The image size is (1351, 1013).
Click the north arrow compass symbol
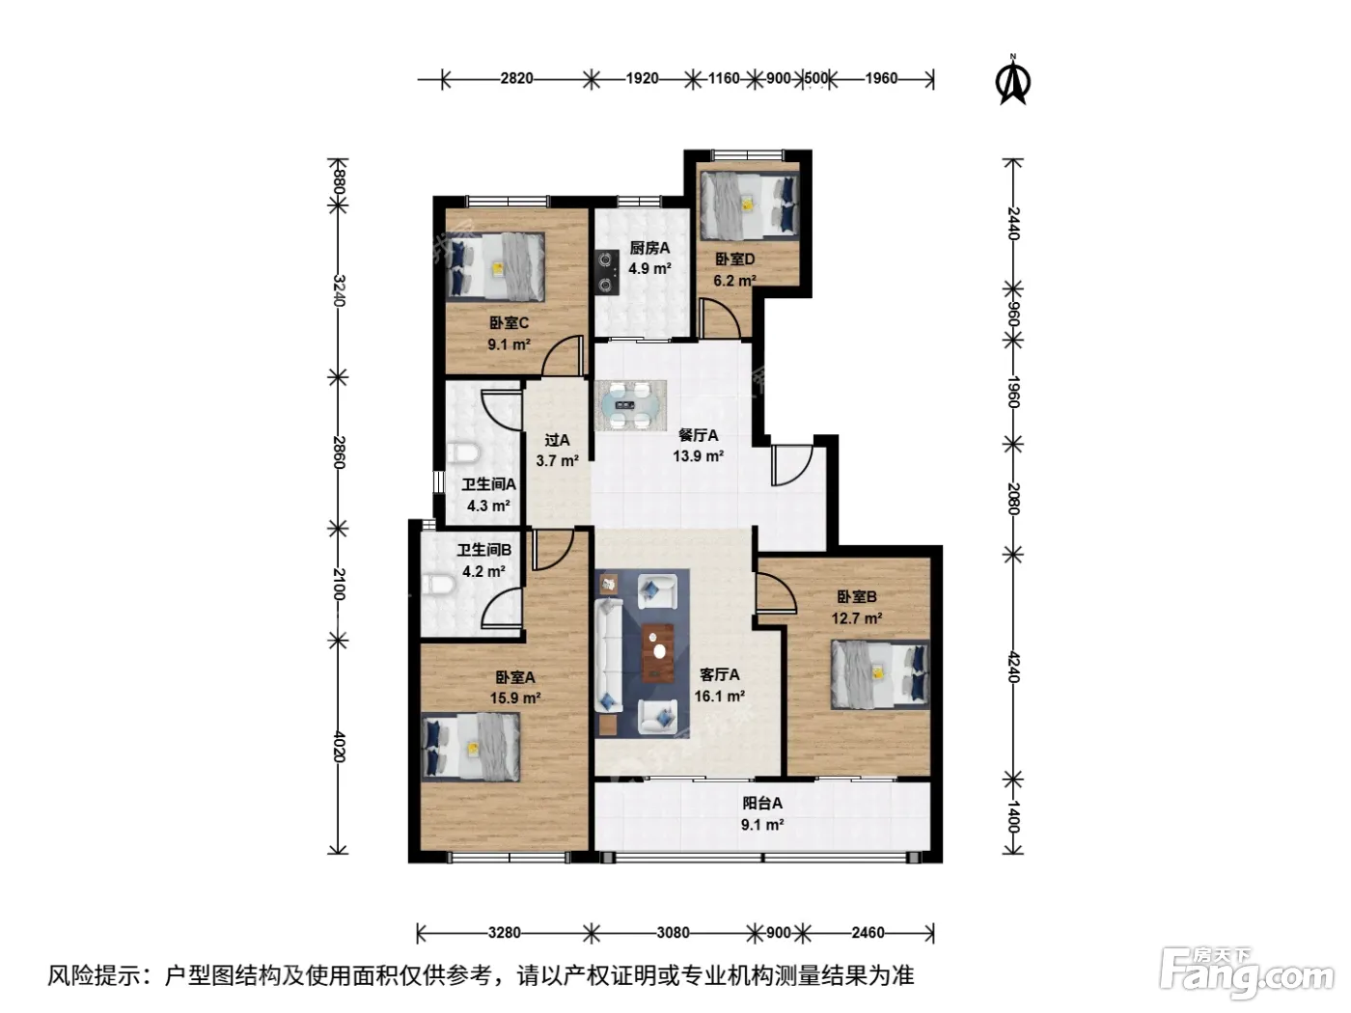pos(1012,81)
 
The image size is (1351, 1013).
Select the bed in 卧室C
pos(496,266)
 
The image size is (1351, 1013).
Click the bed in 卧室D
pos(749,205)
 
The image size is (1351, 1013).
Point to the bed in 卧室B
pos(880,674)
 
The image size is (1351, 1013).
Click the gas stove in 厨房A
pos(607,271)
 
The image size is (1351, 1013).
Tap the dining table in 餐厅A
pos(630,404)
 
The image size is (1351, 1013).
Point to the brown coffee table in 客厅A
pos(658,652)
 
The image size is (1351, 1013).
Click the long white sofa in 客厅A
pos(609,656)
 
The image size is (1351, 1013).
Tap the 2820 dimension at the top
pos(516,79)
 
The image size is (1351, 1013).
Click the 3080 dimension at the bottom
pos(673,933)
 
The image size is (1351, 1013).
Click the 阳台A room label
pos(762,804)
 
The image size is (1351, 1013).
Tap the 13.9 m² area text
pos(698,456)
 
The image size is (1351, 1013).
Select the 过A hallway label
pos(557,440)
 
